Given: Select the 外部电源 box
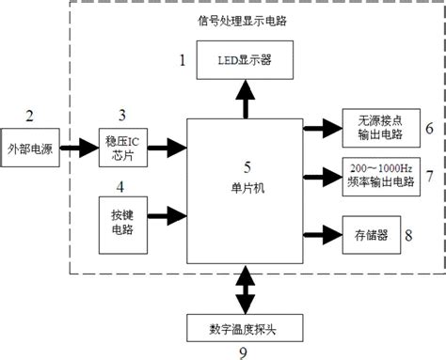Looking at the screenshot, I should point(29,147).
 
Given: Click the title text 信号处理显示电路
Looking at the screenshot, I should point(247,21).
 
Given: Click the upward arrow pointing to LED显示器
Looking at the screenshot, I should point(246,99).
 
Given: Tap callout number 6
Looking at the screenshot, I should point(428,127).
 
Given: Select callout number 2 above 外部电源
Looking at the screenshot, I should point(29,117).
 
